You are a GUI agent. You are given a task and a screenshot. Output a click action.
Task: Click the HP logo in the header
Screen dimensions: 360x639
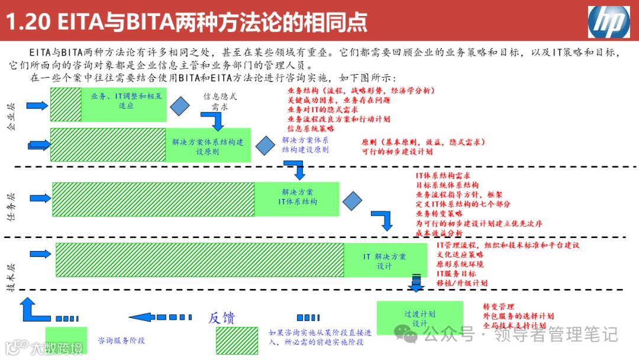[x=608, y=22]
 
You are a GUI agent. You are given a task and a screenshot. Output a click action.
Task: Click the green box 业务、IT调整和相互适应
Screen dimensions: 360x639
[x=124, y=104]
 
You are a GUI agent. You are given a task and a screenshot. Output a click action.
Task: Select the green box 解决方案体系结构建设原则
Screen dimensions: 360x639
[x=208, y=145]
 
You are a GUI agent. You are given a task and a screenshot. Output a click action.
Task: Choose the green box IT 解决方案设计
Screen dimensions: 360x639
[x=384, y=260]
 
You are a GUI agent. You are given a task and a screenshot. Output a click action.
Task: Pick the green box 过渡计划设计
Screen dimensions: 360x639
[x=419, y=318]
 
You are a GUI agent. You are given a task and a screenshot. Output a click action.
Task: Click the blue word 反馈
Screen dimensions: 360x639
[x=221, y=318]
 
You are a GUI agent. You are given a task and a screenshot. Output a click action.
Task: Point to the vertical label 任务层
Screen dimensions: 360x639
[x=11, y=207]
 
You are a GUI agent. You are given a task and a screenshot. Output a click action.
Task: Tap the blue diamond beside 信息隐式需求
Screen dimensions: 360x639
[x=180, y=105]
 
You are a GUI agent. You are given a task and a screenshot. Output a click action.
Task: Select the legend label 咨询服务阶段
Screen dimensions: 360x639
[x=121, y=340]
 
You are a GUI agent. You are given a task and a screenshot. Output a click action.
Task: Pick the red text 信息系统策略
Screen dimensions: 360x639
[x=311, y=128]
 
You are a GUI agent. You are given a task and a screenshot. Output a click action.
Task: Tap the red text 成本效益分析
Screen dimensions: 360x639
[x=439, y=233]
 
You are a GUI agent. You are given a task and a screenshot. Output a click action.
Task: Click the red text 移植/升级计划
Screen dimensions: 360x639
[x=461, y=283]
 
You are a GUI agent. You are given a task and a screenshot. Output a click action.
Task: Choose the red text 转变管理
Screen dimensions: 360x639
[x=498, y=307]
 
